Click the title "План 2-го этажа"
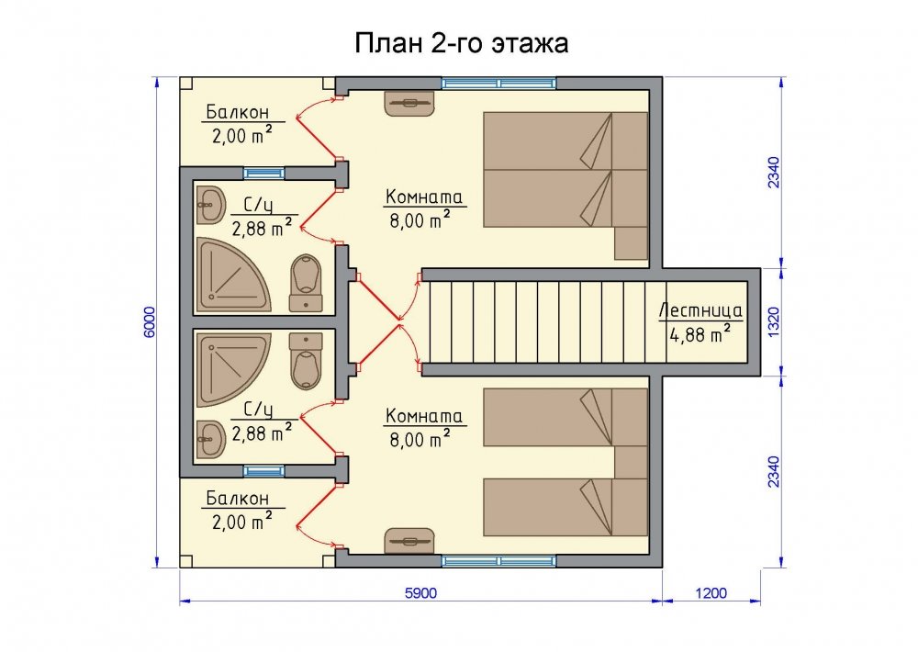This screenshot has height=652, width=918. (x=462, y=43)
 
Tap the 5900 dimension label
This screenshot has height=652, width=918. (x=421, y=593)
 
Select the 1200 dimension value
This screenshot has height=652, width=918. (x=711, y=593)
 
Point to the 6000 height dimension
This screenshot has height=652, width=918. (x=150, y=321)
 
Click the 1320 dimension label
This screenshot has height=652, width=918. (x=773, y=321)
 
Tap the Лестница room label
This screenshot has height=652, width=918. (x=700, y=309)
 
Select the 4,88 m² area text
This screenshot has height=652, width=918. (x=700, y=334)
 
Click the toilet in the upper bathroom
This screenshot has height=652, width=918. (x=306, y=283)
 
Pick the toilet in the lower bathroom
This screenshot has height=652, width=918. (x=306, y=362)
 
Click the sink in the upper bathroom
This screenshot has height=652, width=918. (x=211, y=205)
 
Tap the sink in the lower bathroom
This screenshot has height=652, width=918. (x=211, y=439)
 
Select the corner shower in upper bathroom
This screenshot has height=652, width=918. (x=233, y=275)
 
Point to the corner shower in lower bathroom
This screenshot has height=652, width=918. (x=233, y=370)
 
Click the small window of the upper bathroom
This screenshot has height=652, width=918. (x=263, y=174)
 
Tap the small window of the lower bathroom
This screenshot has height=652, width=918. (x=263, y=471)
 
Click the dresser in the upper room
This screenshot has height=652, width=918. (x=409, y=103)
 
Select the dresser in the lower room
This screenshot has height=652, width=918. (x=409, y=541)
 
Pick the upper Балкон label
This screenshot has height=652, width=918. (x=237, y=112)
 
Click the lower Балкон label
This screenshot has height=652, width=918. (x=237, y=499)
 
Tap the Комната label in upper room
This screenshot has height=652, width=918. (x=424, y=197)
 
